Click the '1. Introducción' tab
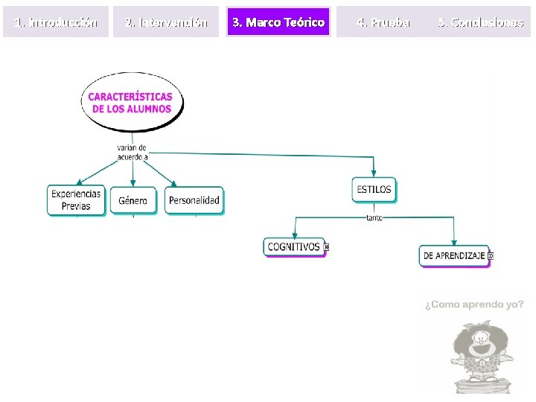point(56,22)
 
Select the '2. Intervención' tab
point(167,22)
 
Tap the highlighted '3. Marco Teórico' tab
point(278,22)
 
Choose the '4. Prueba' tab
point(383,22)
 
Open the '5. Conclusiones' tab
point(480,22)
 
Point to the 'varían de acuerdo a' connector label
point(133,152)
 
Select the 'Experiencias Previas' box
point(76,200)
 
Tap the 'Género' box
point(133,200)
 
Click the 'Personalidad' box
point(194,200)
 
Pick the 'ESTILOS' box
point(374,189)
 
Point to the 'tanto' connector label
point(374,217)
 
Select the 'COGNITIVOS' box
point(294,246)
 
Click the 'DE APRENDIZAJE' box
point(453,255)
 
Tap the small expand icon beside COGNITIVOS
point(327,246)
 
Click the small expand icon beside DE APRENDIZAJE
point(490,255)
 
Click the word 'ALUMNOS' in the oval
point(148,109)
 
